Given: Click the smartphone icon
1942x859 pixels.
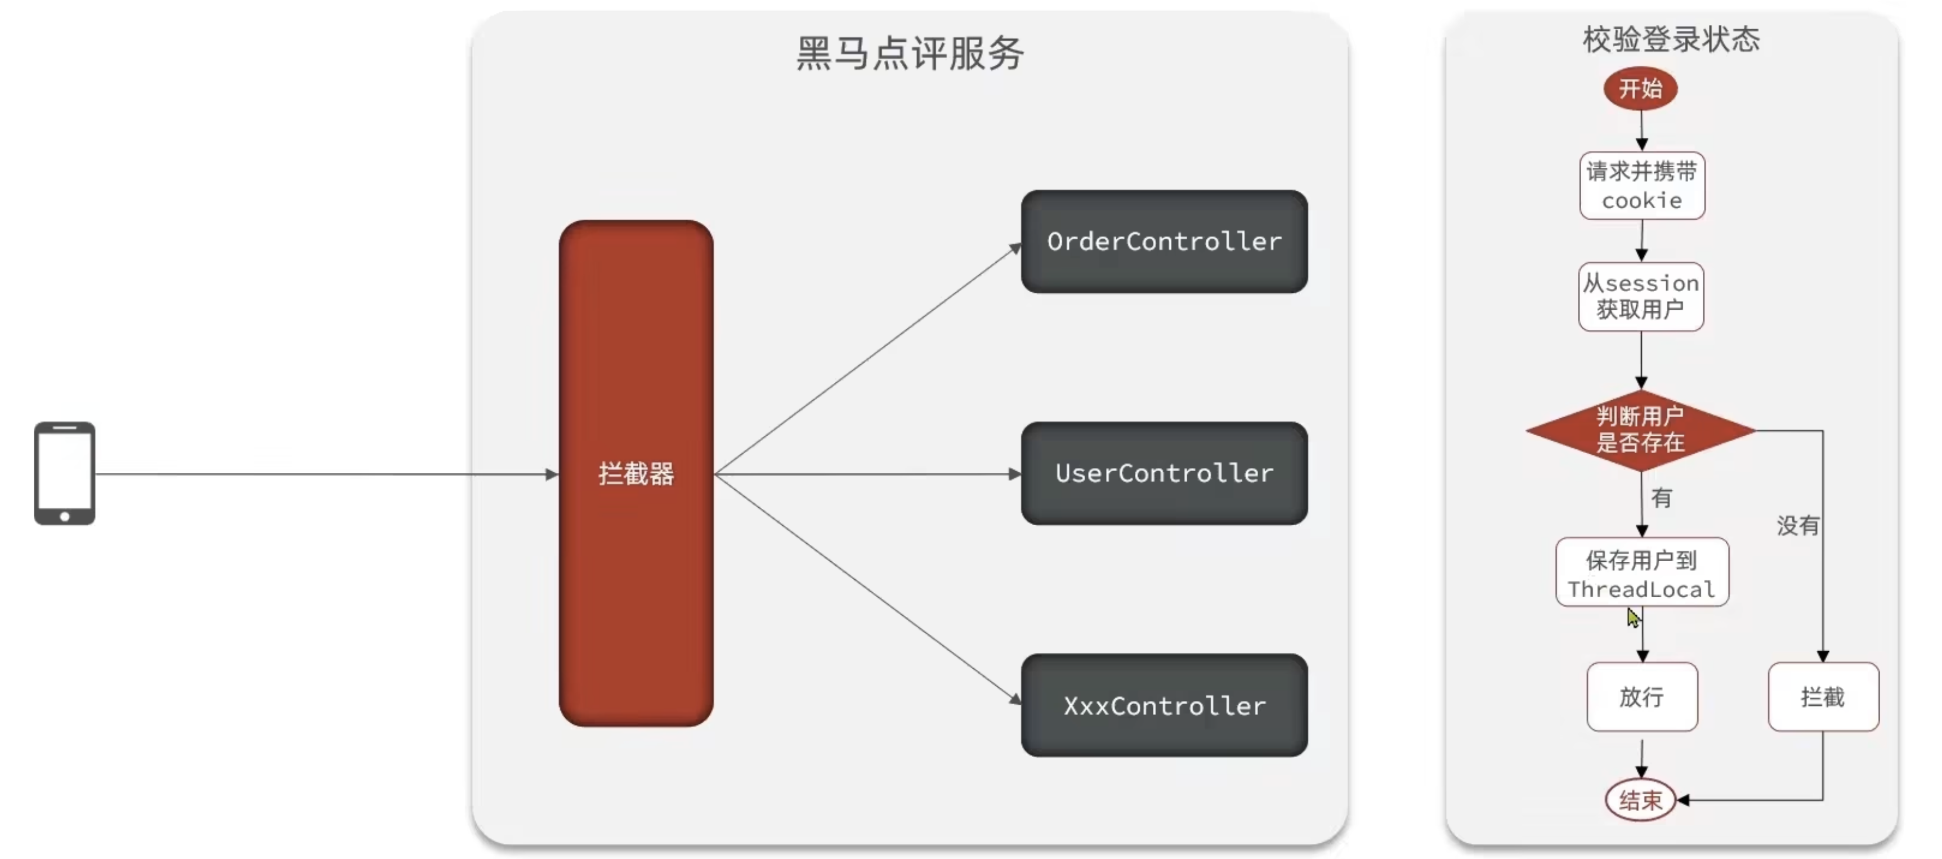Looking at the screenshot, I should pos(64,473).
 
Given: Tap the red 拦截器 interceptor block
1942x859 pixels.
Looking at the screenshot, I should pos(636,473).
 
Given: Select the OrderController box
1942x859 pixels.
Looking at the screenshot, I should pos(1164,241).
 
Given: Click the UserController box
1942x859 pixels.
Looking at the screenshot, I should pos(1164,473).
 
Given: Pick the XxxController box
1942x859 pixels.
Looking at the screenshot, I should pos(1164,705).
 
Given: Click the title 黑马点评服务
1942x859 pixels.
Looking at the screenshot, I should pos(910,53).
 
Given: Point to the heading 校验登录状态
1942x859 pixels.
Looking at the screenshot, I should pos(1671,39).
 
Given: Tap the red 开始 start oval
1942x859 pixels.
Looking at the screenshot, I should pos(1640,88).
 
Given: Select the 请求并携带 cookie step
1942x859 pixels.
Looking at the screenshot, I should pos(1641,186).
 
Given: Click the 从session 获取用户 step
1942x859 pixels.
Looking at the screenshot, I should pos(1640,297).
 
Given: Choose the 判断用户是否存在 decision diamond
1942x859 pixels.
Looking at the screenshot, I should pos(1640,430).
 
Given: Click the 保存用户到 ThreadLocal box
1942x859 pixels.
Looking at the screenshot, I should pos(1641,572).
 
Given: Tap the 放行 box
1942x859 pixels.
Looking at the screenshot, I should pos(1641,697).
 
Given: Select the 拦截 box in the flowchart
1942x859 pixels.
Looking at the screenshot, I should pos(1822,697).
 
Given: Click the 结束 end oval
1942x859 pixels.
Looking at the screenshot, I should pos(1640,799).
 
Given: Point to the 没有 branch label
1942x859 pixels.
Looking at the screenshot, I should pos(1797,526).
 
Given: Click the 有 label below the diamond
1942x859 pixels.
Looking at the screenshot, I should pos(1661,498).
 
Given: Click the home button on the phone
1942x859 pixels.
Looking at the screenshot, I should pos(65,517).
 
